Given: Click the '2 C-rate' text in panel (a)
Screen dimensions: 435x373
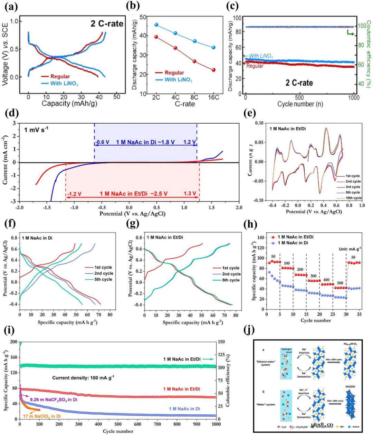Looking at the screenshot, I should (x=107, y=23).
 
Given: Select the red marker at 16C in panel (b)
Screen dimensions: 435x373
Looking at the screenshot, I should (x=213, y=70).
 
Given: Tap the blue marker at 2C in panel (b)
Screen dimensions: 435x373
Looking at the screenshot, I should (x=156, y=25).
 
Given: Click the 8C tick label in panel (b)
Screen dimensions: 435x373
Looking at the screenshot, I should (x=194, y=97).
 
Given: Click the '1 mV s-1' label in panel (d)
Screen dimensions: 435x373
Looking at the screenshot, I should (x=36, y=130).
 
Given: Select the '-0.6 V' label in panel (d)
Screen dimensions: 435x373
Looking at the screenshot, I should (x=102, y=142).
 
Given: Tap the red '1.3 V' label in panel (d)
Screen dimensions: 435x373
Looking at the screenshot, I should (x=190, y=193).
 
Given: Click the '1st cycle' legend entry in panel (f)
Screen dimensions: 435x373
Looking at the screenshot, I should (x=103, y=267).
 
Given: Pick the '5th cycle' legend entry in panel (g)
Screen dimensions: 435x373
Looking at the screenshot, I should (x=231, y=280).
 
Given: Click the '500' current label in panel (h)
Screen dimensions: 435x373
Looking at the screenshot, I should (x=340, y=283).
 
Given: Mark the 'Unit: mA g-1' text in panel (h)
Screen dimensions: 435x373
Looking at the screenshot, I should (x=350, y=249).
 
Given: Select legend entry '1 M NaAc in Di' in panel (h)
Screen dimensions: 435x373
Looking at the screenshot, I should (x=293, y=243).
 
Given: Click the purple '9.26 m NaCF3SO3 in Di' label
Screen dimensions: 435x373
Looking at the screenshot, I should (x=54, y=399).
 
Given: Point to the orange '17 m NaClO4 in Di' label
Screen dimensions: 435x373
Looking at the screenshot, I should (x=42, y=416).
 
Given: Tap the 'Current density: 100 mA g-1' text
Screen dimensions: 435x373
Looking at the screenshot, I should (x=83, y=378).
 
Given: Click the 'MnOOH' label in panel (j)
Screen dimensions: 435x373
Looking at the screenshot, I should (x=350, y=386).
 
